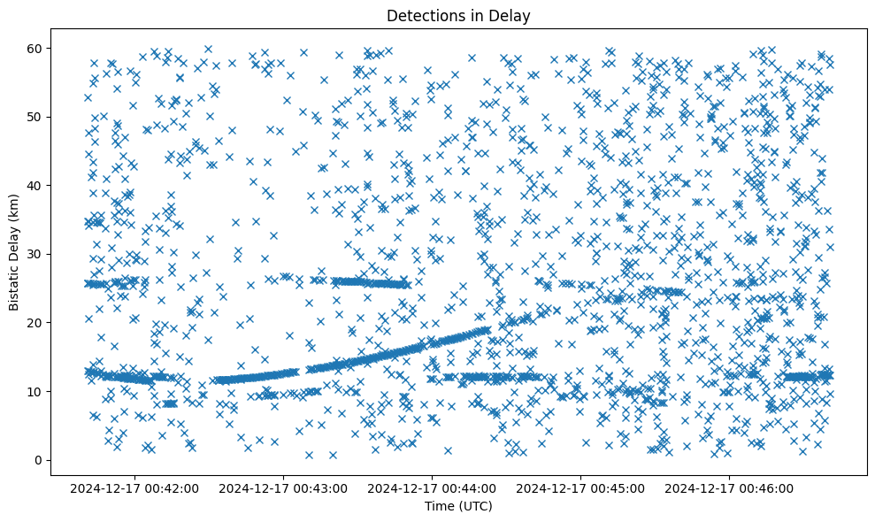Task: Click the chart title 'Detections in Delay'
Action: click(x=458, y=15)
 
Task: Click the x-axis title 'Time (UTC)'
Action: click(x=458, y=506)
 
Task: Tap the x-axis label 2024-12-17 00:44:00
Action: click(x=434, y=487)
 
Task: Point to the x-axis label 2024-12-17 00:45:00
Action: click(x=582, y=487)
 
